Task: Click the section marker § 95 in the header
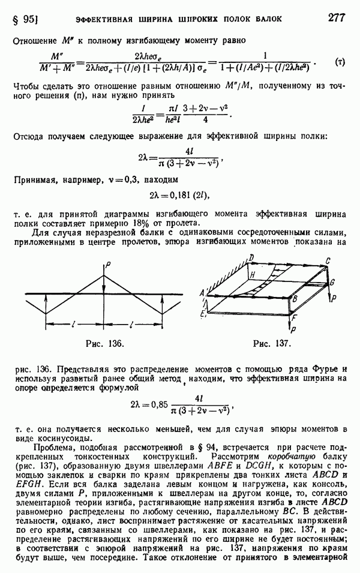click(x=25, y=18)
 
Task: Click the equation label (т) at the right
click(x=340, y=62)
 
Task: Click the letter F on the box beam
click(x=292, y=317)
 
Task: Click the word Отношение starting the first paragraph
click(x=35, y=40)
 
